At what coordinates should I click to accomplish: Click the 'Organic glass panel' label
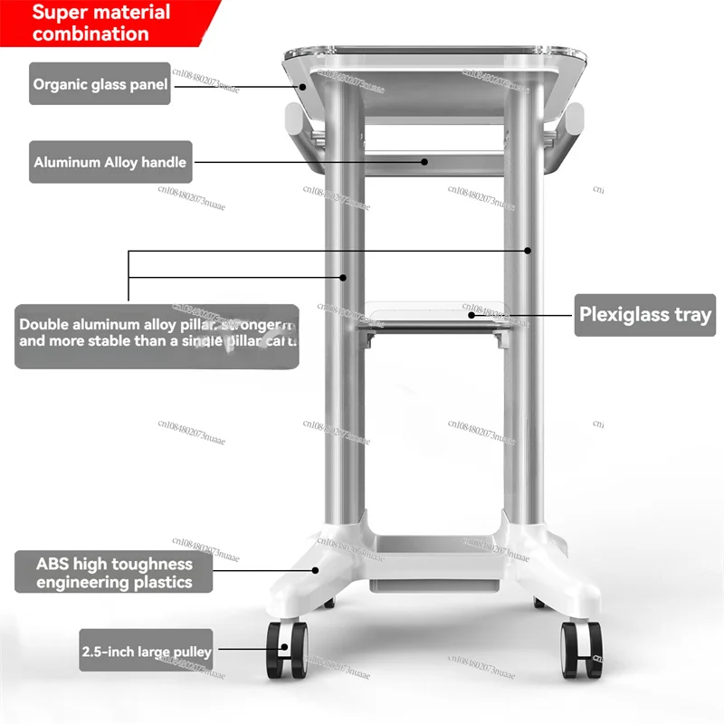click(x=100, y=84)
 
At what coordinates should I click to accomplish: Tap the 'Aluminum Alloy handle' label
click(x=110, y=163)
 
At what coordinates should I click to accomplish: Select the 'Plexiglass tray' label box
click(x=645, y=316)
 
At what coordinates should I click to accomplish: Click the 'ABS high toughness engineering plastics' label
click(x=114, y=572)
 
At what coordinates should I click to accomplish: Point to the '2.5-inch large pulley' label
click(x=147, y=651)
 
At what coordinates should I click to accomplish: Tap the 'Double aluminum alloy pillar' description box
click(x=157, y=334)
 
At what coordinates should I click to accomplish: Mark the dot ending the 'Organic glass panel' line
click(x=304, y=87)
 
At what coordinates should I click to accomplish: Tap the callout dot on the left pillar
click(x=343, y=276)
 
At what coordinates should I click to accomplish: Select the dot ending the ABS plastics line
click(x=316, y=569)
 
